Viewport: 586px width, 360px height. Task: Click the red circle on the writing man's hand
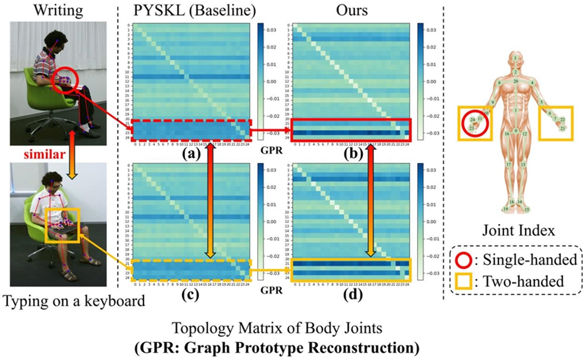[x=65, y=81]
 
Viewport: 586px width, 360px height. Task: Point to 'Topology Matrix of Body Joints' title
[x=277, y=328]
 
